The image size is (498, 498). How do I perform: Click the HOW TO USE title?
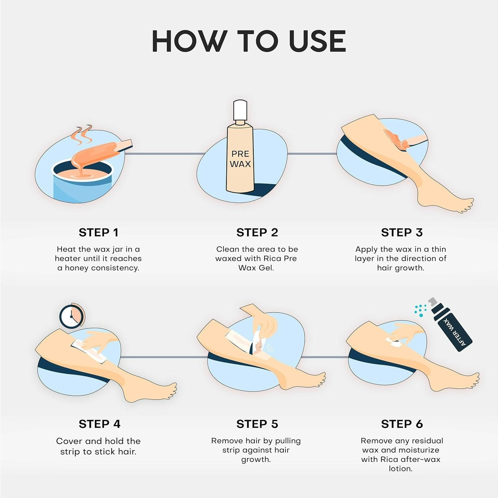click(249, 41)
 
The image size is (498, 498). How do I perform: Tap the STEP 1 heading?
click(98, 233)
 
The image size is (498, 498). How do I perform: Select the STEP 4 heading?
click(100, 424)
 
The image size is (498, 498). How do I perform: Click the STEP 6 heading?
click(402, 424)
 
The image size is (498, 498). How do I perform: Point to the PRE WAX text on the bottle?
click(240, 159)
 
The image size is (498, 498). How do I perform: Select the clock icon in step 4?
click(71, 316)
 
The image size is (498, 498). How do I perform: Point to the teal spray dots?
click(420, 309)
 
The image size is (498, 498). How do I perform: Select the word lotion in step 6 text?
click(400, 469)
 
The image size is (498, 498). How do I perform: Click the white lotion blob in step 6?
click(395, 343)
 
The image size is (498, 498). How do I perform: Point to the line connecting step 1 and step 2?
click(163, 154)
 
